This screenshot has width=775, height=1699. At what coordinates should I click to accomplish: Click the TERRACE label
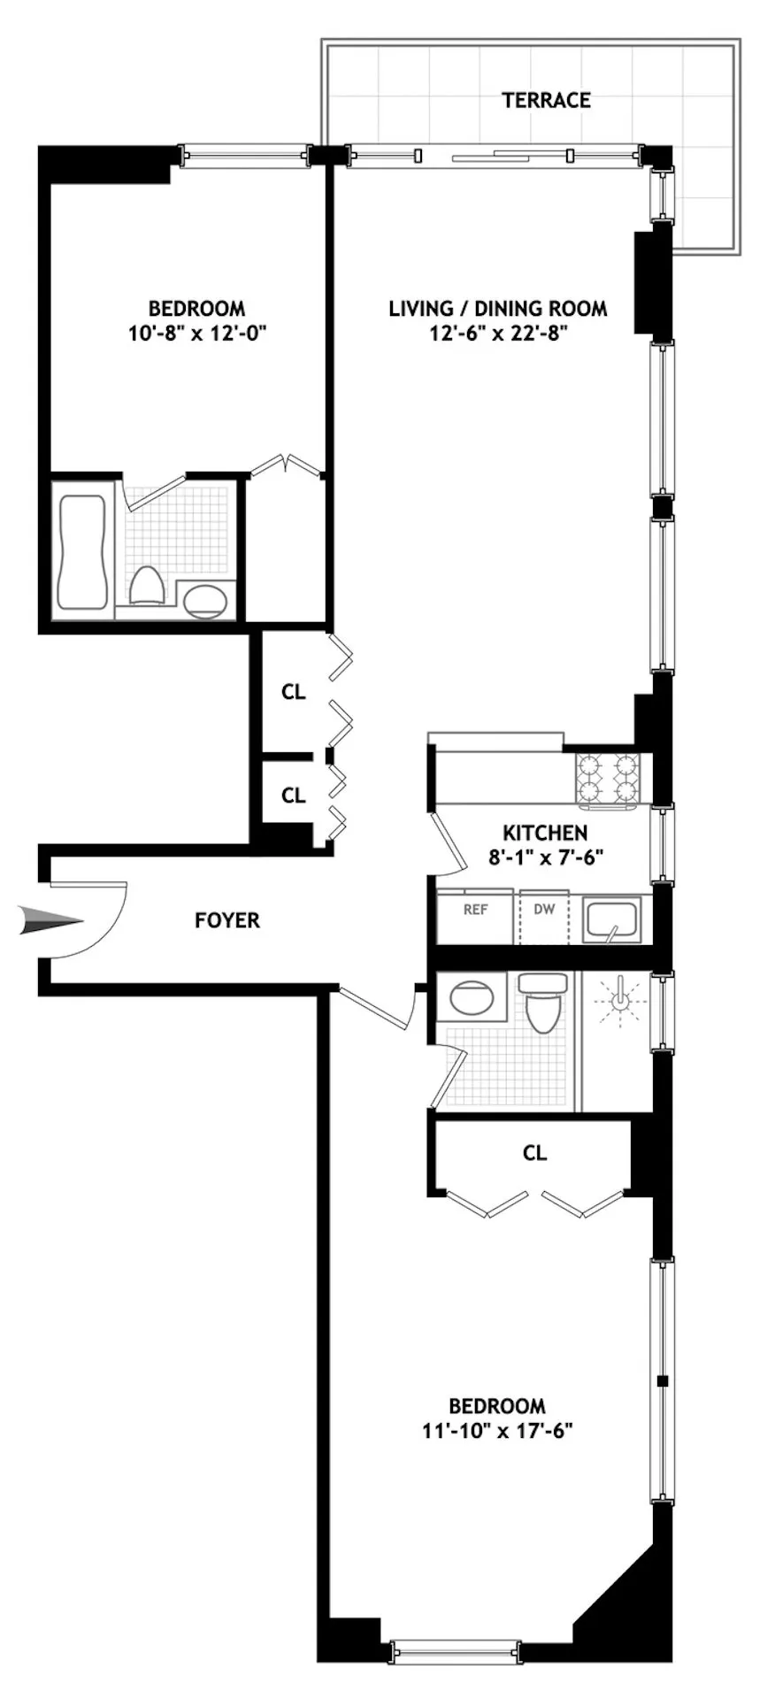[x=546, y=100]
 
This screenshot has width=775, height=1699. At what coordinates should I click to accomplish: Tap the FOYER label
[x=227, y=920]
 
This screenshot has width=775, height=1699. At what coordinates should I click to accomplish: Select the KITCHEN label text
[x=544, y=833]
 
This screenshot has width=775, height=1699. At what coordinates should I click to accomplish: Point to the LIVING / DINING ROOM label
[x=498, y=309]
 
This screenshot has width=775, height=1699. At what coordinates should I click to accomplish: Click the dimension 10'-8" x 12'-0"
[x=196, y=334]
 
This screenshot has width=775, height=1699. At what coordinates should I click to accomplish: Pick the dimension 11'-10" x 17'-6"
[x=497, y=1431]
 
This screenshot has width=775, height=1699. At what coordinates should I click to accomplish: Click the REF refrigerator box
[x=475, y=917]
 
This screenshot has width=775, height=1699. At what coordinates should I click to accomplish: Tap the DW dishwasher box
[x=544, y=917]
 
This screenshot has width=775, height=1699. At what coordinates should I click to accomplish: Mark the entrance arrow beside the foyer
[x=51, y=921]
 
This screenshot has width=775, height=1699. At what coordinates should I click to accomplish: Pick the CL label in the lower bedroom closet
[x=534, y=1153]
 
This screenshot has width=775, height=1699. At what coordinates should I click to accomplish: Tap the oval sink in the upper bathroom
[x=206, y=602]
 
